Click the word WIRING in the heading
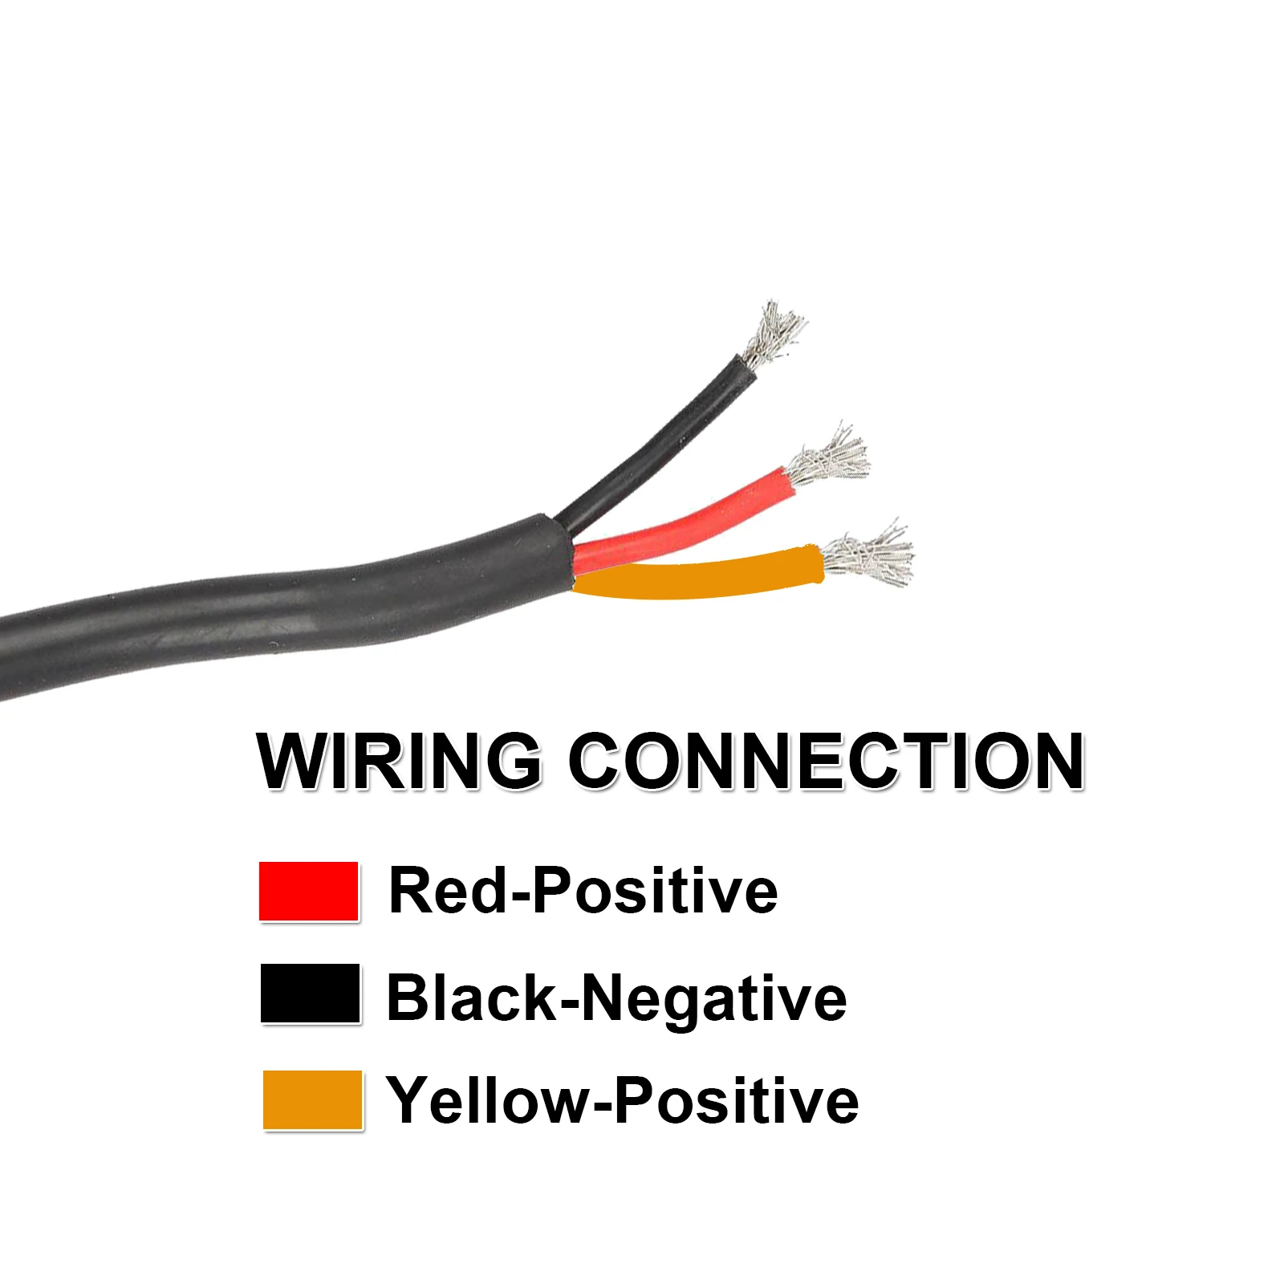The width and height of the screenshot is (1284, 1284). (399, 760)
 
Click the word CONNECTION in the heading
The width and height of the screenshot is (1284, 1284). (827, 760)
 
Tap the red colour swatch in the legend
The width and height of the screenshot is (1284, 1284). (309, 891)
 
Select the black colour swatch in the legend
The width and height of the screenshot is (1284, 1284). (311, 993)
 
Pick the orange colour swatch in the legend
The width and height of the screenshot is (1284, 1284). (313, 1099)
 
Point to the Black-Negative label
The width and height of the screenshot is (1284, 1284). (616, 998)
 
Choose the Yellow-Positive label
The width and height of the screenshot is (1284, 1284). (622, 1100)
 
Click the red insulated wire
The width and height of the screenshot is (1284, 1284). (690, 518)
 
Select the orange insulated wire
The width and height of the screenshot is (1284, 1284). (698, 573)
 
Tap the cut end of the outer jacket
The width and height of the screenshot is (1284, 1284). (562, 554)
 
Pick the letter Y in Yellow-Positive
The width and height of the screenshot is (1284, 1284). (409, 1100)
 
